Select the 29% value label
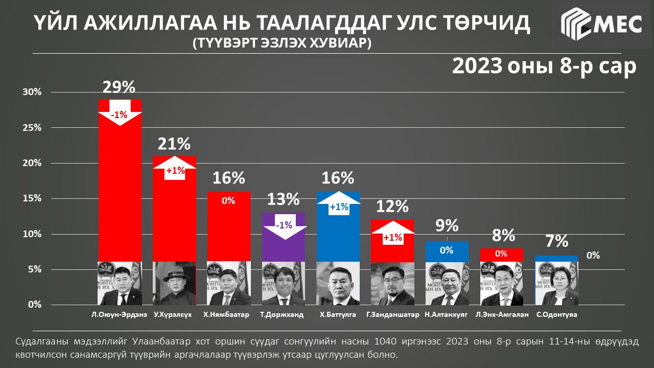(120, 87)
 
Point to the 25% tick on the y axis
(31, 128)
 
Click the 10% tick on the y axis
(31, 234)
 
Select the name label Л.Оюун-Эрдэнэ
(120, 315)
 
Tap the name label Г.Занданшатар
(393, 315)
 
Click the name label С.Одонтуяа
(557, 315)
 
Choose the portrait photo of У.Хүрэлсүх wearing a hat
(174, 284)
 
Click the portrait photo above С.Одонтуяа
(556, 284)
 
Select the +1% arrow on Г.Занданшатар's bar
(392, 234)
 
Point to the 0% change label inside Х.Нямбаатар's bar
(228, 201)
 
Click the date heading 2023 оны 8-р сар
(544, 66)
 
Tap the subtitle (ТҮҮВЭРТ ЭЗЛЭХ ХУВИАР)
(282, 43)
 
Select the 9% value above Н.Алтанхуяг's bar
(447, 226)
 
